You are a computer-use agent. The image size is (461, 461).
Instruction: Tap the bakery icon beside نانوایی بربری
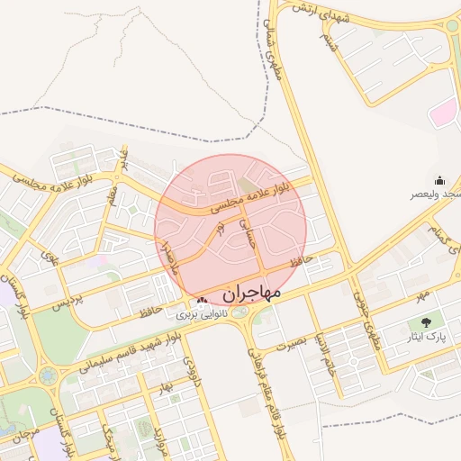click(x=201, y=301)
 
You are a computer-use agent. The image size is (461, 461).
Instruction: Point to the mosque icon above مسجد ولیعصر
click(x=439, y=180)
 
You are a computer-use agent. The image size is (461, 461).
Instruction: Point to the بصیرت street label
click(x=291, y=345)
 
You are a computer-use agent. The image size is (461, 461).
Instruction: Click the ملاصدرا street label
click(x=168, y=256)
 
